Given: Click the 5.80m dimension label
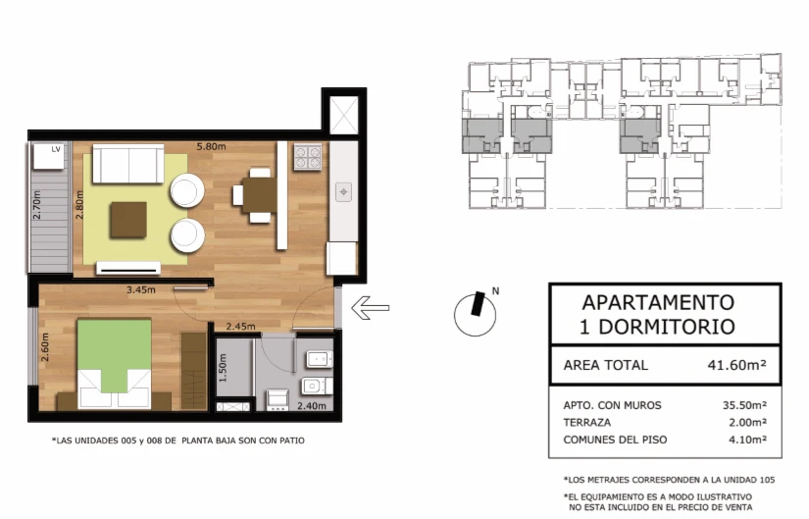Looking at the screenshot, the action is pyautogui.click(x=211, y=146).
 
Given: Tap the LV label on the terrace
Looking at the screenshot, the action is pyautogui.click(x=56, y=149).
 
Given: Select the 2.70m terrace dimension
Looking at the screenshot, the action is pyautogui.click(x=36, y=205).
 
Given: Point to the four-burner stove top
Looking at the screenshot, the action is pyautogui.click(x=308, y=157).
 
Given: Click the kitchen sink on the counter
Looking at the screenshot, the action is pyautogui.click(x=343, y=192).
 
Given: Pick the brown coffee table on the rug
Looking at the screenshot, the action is pyautogui.click(x=127, y=220).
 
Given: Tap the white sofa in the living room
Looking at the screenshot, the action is pyautogui.click(x=128, y=164).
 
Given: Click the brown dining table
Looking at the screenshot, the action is pyautogui.click(x=260, y=195).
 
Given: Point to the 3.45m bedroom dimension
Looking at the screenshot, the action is pyautogui.click(x=141, y=289).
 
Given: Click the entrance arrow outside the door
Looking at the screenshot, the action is pyautogui.click(x=370, y=308).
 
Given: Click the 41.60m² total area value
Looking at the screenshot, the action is pyautogui.click(x=736, y=365).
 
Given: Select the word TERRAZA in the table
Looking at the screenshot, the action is pyautogui.click(x=587, y=423).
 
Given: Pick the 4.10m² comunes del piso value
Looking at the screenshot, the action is pyautogui.click(x=747, y=440).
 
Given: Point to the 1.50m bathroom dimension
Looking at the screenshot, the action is pyautogui.click(x=223, y=368).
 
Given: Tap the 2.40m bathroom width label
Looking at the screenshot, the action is pyautogui.click(x=312, y=406).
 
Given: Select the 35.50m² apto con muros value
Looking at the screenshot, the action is pyautogui.click(x=744, y=405).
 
